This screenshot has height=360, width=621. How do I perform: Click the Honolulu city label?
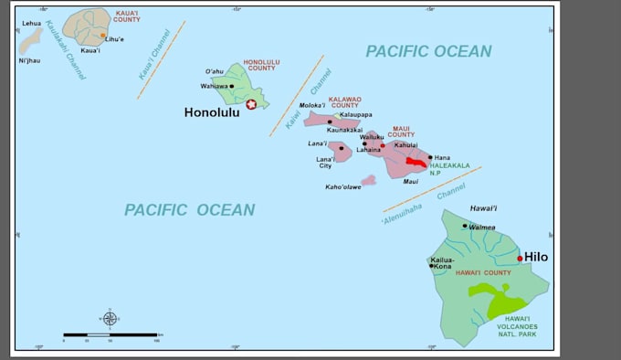212,112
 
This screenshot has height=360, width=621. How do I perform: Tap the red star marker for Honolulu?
251,104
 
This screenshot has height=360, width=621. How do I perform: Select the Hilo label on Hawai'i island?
536,258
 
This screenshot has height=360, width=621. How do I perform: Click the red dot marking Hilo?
520,259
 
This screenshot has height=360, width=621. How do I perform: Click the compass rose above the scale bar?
110,318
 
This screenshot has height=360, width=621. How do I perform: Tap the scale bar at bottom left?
110,335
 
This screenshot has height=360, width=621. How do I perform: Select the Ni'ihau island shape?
30,40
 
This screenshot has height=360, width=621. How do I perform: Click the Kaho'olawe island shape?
368,181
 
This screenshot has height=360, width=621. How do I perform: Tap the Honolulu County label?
260,65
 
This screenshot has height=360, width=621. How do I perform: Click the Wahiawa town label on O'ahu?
214,86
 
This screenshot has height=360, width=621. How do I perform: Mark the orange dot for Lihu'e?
103,36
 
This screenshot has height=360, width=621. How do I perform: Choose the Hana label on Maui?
442,157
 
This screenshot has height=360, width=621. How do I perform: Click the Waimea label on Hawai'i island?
482,227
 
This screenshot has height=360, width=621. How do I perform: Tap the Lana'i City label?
324,163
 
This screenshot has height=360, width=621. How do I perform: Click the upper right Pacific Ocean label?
428,51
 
